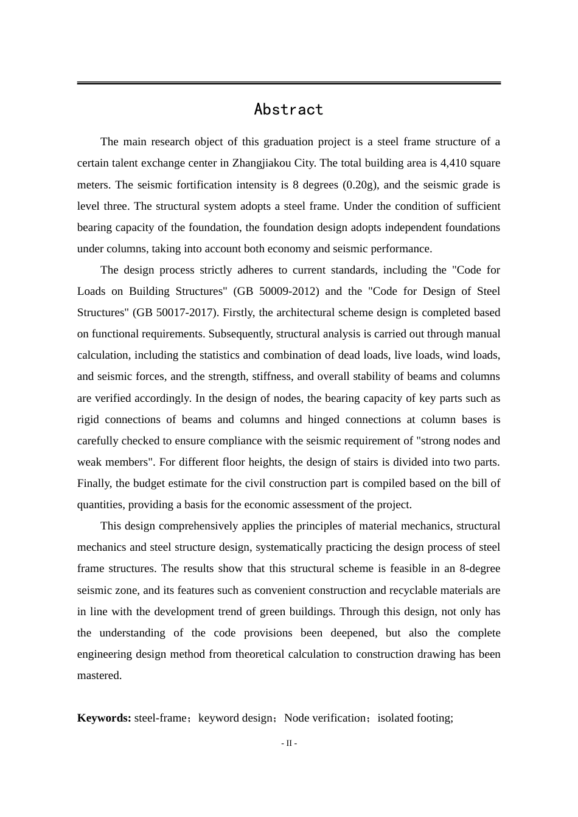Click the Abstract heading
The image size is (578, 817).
[x=288, y=109]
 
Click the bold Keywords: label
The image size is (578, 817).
[x=104, y=718]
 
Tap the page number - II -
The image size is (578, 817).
[x=288, y=743]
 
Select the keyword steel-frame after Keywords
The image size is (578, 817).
[x=160, y=718]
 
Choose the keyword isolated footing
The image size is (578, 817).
[x=415, y=718]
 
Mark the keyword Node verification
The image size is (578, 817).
[x=325, y=718]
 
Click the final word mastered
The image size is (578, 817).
[x=99, y=675]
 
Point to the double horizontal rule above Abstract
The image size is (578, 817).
[x=288, y=83]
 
